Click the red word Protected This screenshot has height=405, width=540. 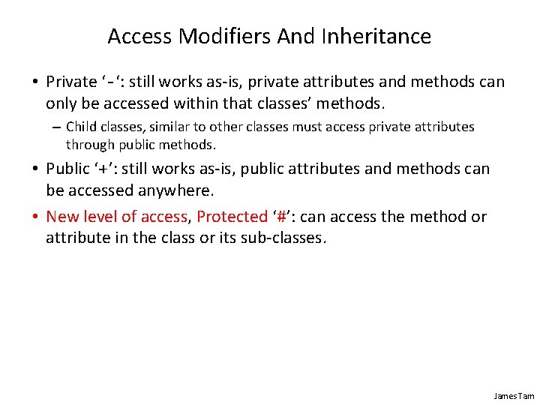(x=232, y=217)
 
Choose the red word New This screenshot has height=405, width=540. (x=61, y=217)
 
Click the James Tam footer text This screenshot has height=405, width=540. (x=514, y=395)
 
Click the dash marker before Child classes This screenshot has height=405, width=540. (x=55, y=127)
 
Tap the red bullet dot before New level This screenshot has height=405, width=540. (x=36, y=217)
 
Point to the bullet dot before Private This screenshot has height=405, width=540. (x=36, y=81)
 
